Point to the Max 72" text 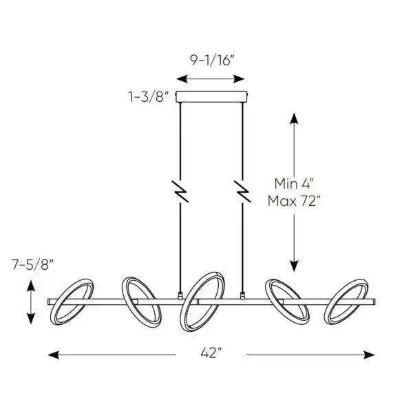pyautogui.click(x=294, y=202)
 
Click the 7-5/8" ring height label pyautogui.click(x=32, y=263)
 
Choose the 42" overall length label pyautogui.click(x=212, y=354)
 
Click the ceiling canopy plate pyautogui.click(x=211, y=96)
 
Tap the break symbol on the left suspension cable pyautogui.click(x=180, y=191)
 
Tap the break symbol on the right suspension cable pyautogui.click(x=242, y=191)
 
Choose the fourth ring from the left pyautogui.click(x=286, y=301)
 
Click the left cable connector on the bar pyautogui.click(x=180, y=296)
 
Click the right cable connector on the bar pyautogui.click(x=242, y=296)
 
